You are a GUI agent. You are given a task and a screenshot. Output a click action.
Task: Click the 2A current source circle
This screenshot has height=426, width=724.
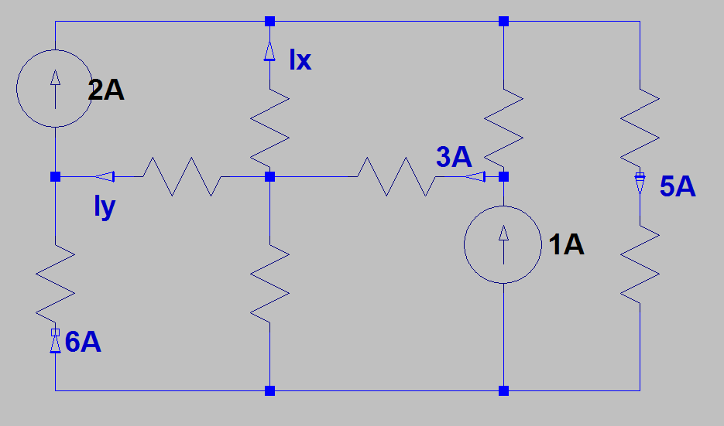click(x=56, y=87)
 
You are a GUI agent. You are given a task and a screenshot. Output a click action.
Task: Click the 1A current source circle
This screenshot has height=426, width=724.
click(x=503, y=243)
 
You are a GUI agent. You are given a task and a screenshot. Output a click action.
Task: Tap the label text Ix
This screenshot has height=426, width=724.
click(x=300, y=60)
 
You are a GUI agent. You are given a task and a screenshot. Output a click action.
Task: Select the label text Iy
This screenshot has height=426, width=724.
click(x=104, y=207)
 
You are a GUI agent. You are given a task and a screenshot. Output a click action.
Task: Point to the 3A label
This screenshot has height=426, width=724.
click(x=454, y=157)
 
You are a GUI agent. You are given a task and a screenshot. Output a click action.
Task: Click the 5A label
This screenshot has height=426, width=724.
click(x=678, y=186)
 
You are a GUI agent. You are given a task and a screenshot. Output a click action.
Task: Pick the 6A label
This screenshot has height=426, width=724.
click(x=84, y=342)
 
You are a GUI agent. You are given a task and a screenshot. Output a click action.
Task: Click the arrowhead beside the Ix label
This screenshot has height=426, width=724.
click(x=269, y=51)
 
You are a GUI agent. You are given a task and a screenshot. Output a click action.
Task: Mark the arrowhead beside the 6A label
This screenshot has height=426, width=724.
click(x=56, y=341)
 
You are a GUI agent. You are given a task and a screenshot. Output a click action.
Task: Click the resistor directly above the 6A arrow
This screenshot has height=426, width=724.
click(x=56, y=283)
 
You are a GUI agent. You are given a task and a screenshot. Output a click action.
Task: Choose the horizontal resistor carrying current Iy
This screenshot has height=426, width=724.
click(x=182, y=177)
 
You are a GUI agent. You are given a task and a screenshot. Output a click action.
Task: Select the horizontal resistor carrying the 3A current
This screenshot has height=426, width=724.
click(x=396, y=177)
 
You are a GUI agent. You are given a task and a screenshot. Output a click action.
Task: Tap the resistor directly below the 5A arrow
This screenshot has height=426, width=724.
click(x=640, y=263)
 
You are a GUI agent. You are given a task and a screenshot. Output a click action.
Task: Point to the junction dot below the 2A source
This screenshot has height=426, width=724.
click(x=56, y=177)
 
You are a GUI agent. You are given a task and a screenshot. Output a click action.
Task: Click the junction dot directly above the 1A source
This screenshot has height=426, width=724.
click(x=503, y=177)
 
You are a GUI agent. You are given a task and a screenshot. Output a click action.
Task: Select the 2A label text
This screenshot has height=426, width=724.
click(x=106, y=91)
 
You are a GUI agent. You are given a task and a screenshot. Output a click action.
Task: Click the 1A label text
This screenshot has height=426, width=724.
click(x=565, y=245)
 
